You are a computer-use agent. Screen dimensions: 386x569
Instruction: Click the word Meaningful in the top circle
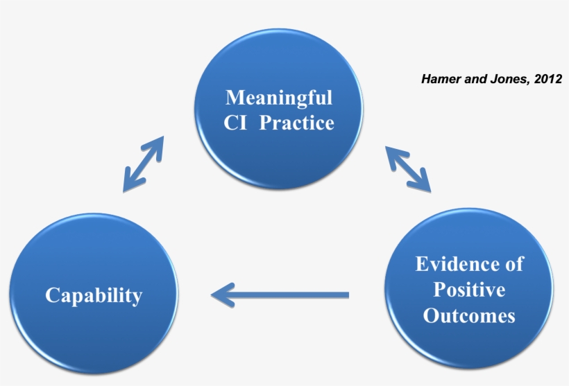[279, 97]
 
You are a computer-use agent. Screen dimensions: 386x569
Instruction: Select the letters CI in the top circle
[236, 123]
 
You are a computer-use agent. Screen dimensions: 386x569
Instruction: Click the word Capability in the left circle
[94, 296]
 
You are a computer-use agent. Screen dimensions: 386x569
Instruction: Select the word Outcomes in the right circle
[469, 315]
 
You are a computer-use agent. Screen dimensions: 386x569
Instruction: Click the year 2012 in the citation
[549, 79]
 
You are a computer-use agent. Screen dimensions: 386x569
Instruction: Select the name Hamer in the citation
[439, 79]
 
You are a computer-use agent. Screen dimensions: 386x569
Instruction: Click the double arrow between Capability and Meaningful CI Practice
[144, 164]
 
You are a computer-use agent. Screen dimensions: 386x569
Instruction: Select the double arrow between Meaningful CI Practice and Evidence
[408, 168]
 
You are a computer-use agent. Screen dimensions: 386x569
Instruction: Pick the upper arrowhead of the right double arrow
[392, 154]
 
